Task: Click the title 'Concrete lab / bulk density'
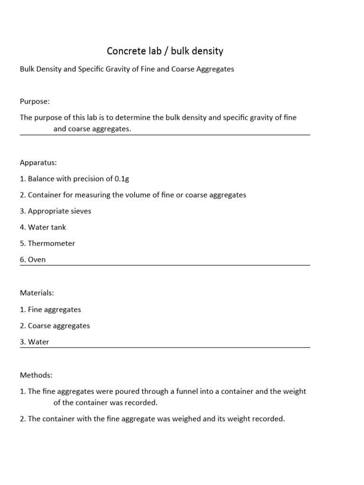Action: coord(165,51)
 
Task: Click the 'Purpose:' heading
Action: coord(35,101)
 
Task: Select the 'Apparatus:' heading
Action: coord(38,162)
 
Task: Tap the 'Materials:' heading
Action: coord(36,293)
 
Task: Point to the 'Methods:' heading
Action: coord(36,375)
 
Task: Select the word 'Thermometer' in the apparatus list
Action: coord(51,243)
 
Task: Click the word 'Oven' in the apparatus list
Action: coord(37,260)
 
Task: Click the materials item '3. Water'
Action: coord(35,342)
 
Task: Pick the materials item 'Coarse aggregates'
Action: coord(59,326)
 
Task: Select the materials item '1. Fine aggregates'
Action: coord(50,310)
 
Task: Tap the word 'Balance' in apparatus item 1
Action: coord(41,179)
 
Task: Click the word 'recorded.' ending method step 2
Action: coord(269,419)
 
